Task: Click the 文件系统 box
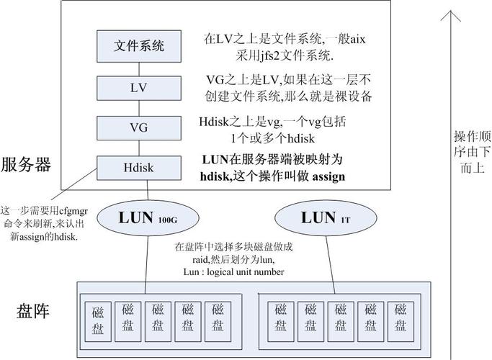(x=139, y=47)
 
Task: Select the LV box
(x=139, y=88)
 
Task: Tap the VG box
(x=139, y=128)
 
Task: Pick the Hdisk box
(x=139, y=168)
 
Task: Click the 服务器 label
(x=27, y=164)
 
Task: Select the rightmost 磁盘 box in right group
(x=401, y=318)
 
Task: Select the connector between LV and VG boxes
(x=139, y=108)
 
